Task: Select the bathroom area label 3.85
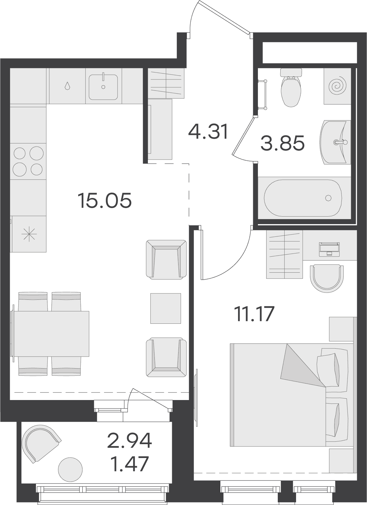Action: [283, 143]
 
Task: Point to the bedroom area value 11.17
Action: [254, 314]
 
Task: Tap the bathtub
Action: [303, 198]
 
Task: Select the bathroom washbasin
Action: [335, 142]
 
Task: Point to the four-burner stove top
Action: [28, 161]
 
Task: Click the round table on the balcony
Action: [70, 470]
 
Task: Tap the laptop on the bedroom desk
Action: [329, 249]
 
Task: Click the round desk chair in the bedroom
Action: [327, 278]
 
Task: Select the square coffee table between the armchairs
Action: [166, 308]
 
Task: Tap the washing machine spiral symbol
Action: [337, 86]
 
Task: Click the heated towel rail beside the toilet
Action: [263, 94]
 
